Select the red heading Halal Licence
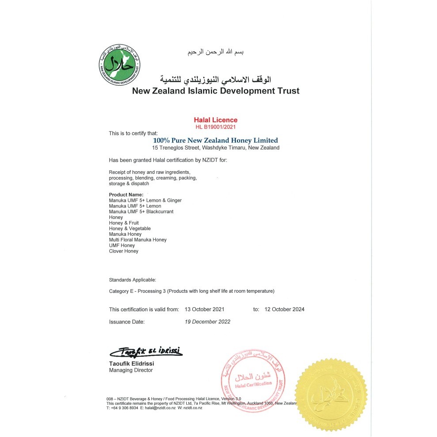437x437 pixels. [216, 120]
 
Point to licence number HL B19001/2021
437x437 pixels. [216, 127]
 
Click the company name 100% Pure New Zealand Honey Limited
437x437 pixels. [215, 140]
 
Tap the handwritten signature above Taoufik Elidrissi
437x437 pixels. [146, 352]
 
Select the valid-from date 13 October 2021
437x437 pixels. [205, 309]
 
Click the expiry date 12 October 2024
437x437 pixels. [284, 309]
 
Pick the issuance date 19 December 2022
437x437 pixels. [207, 322]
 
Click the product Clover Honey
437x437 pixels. [124, 251]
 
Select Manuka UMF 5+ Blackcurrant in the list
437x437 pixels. [141, 212]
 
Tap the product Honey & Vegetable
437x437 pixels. [130, 229]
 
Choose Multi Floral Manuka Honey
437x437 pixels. [138, 240]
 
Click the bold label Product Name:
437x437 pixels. [126, 195]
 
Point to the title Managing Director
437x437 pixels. [131, 370]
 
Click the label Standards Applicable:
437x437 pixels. [132, 280]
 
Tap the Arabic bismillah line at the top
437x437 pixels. [215, 52]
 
